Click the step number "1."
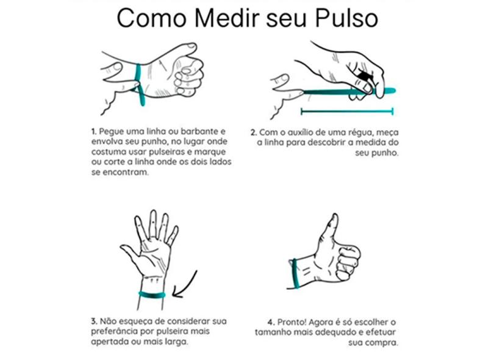click(x=93, y=131)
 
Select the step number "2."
click(x=254, y=132)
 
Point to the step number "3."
click(x=94, y=322)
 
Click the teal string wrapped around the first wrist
click(x=140, y=84)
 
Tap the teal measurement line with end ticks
click(x=347, y=111)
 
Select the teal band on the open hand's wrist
click(x=152, y=295)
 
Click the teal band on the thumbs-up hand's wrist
click(x=296, y=273)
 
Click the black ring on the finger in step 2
click(x=364, y=77)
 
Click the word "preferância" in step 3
click(x=114, y=332)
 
